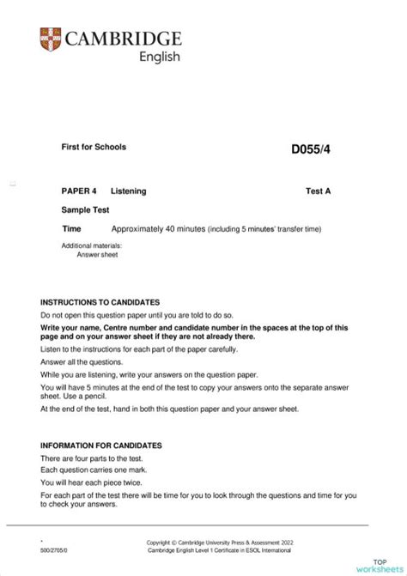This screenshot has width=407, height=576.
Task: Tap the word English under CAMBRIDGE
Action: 160,58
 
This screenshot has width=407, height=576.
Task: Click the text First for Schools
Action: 94,147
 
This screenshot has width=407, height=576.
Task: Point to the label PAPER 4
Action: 79,191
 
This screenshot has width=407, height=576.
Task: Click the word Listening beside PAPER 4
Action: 130,191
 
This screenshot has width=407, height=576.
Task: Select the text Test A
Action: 318,191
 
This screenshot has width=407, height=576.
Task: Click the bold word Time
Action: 71,229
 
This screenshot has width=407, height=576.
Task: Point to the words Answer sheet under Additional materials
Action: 95,254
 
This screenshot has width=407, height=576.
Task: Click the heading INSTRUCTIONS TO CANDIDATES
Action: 100,303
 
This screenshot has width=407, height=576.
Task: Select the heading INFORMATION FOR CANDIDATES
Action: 100,446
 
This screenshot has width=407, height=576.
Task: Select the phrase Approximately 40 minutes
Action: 158,229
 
